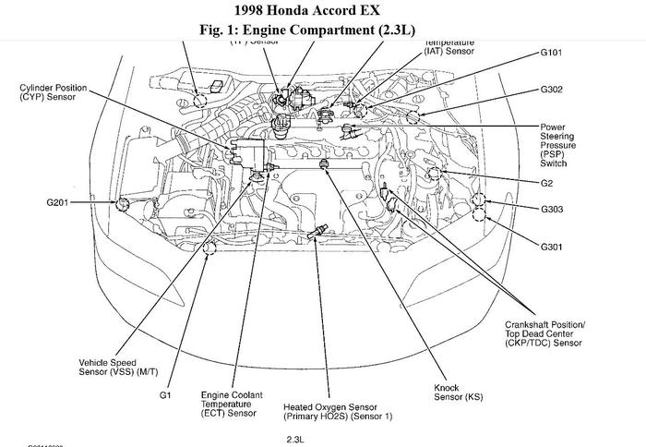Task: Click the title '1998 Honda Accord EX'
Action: (323, 11)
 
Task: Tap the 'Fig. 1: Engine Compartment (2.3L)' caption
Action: (323, 30)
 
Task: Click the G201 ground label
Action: (60, 200)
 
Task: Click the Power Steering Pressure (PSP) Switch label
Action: (559, 144)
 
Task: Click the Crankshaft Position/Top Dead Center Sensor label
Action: (544, 333)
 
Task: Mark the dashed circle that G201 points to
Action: (120, 200)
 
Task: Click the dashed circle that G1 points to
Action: (209, 247)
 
